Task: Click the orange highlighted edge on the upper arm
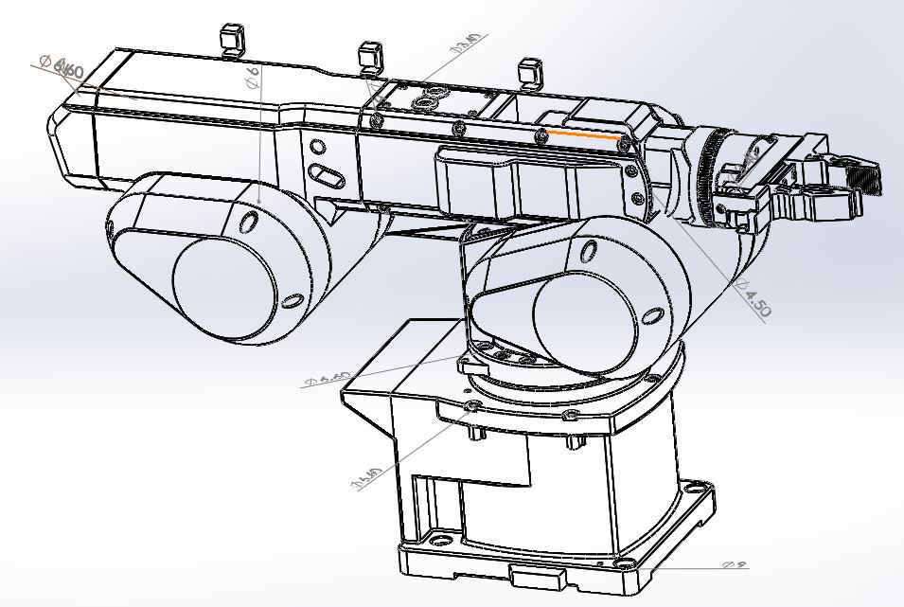tap(582, 135)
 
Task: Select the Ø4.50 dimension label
tap(754, 297)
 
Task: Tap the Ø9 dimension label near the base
tap(734, 565)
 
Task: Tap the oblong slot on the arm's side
tap(328, 175)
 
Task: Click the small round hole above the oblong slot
tap(318, 148)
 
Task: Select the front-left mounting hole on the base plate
tap(439, 541)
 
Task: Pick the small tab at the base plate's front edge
tap(536, 576)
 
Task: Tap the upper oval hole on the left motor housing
tap(250, 223)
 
